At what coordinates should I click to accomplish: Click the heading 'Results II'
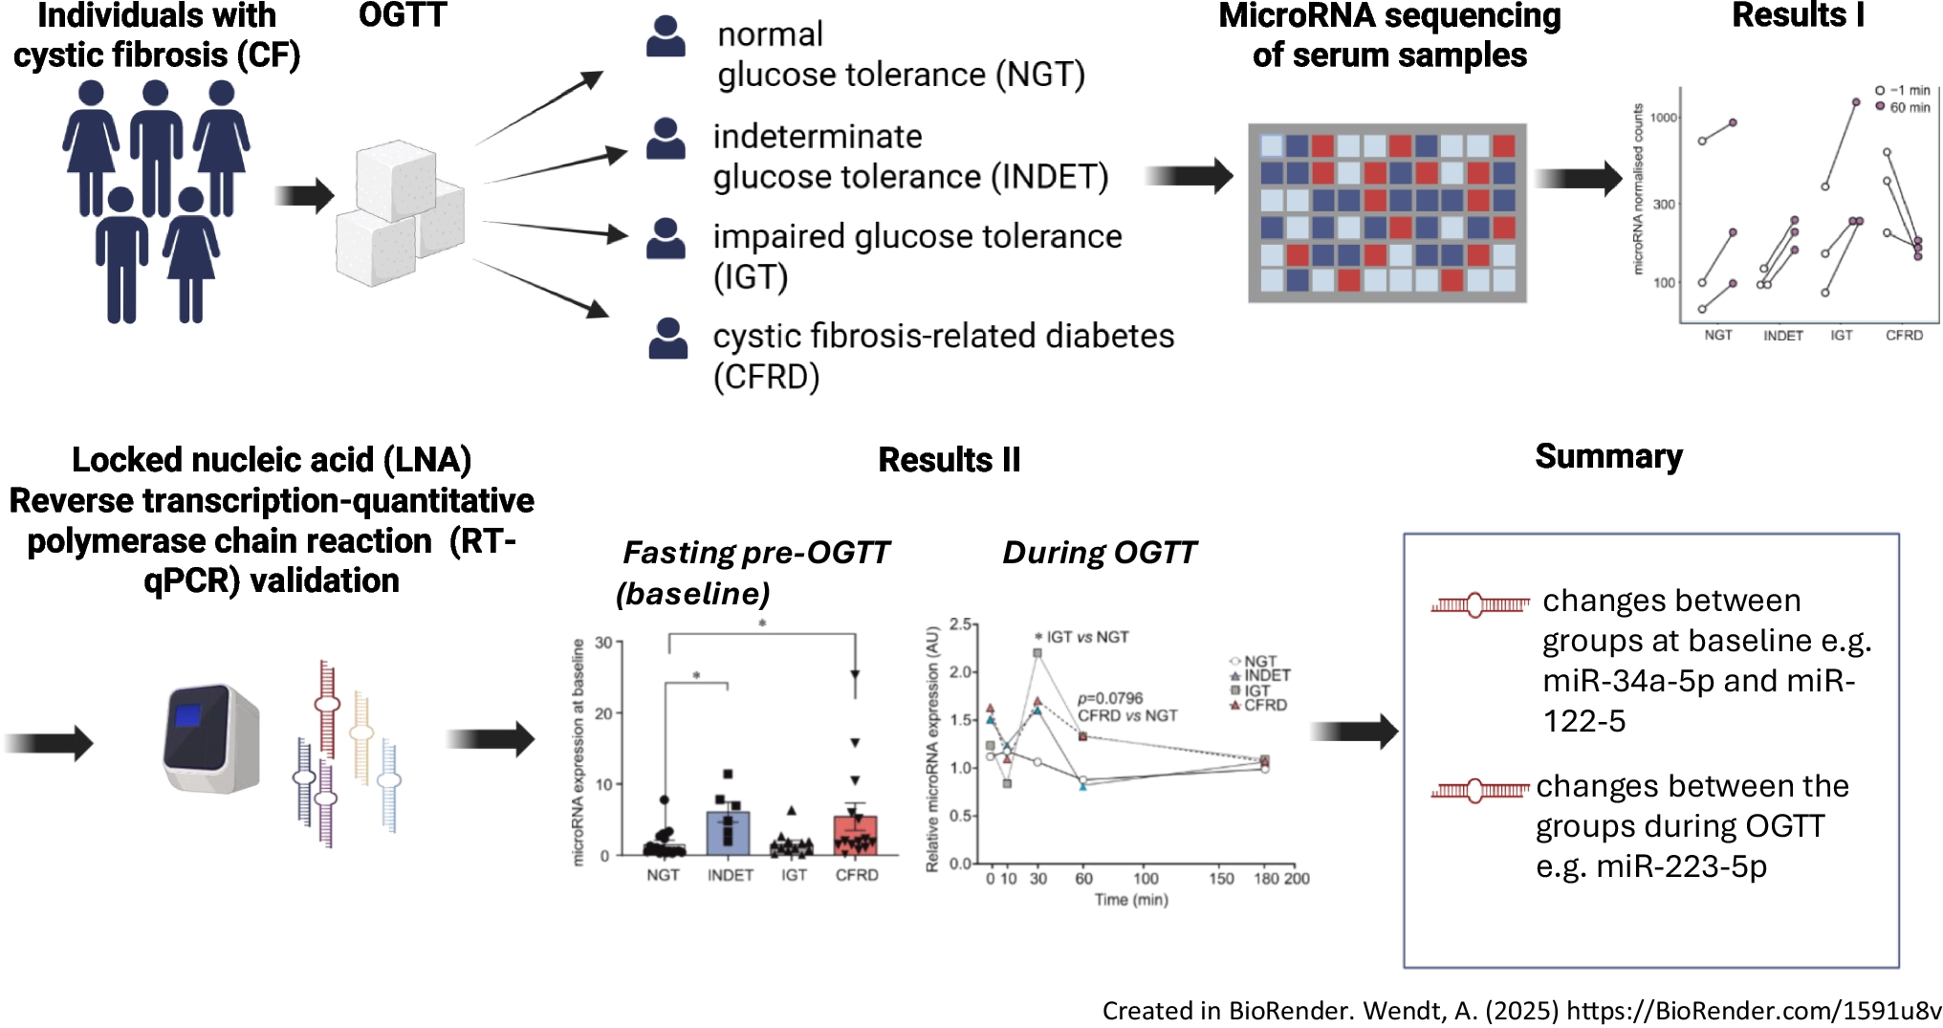[x=949, y=460]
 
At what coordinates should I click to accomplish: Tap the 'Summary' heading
[x=1608, y=456]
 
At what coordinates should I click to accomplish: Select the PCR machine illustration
[x=210, y=737]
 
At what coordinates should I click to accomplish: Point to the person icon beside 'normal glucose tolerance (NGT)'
[x=666, y=37]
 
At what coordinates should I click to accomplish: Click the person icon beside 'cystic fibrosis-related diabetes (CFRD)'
[x=667, y=339]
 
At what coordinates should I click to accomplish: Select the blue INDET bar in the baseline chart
[x=729, y=833]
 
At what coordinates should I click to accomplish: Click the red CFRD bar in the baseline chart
[x=856, y=835]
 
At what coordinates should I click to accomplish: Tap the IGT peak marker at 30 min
[x=1037, y=653]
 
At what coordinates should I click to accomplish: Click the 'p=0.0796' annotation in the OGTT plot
[x=1110, y=698]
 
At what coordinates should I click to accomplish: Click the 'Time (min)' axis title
[x=1131, y=900]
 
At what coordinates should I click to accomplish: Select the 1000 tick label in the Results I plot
[x=1664, y=118]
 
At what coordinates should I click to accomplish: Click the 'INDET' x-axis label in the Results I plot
[x=1782, y=336]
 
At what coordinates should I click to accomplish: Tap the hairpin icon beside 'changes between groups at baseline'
[x=1480, y=604]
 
